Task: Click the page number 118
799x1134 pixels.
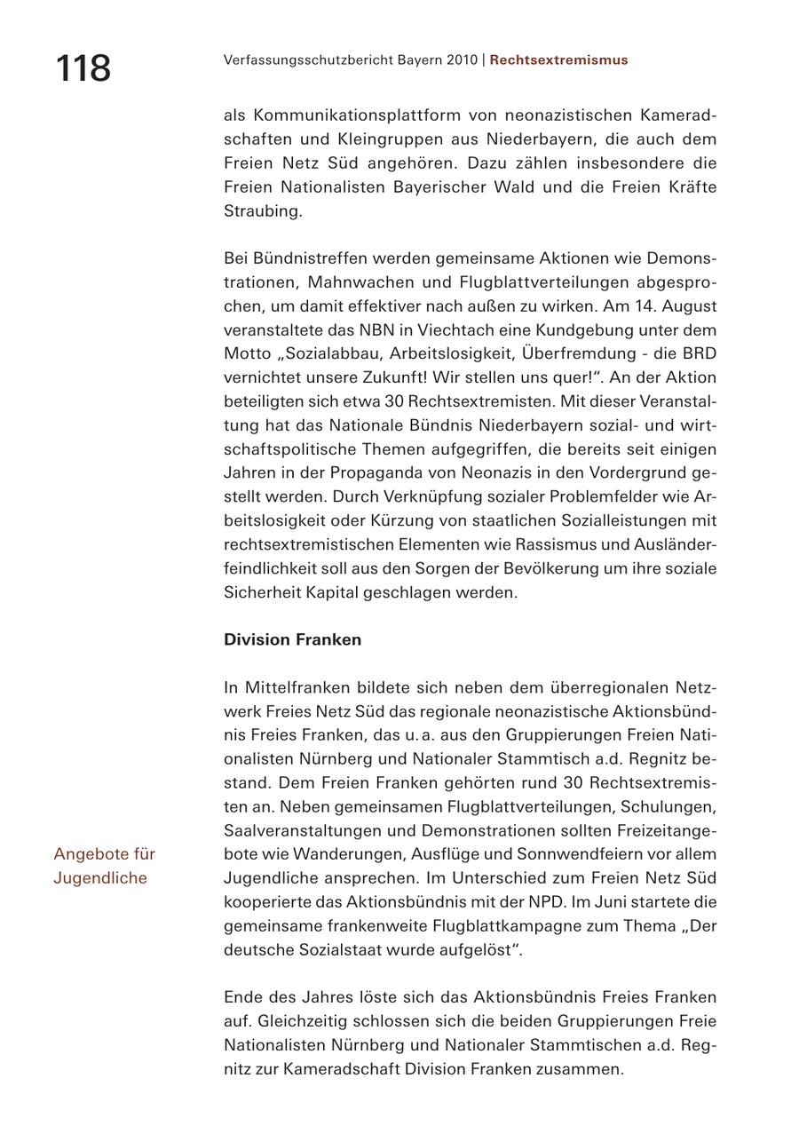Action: pyautogui.click(x=83, y=67)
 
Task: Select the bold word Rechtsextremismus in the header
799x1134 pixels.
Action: pyautogui.click(x=558, y=60)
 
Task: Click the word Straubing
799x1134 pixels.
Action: pyautogui.click(x=263, y=211)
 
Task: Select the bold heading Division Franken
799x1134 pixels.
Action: pyautogui.click(x=292, y=640)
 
